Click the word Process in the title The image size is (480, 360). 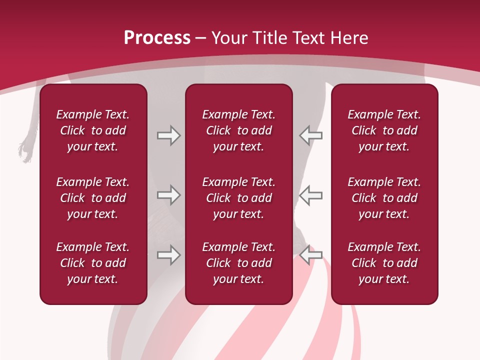(x=157, y=38)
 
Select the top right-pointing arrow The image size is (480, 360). (x=169, y=135)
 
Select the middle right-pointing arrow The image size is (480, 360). (x=169, y=195)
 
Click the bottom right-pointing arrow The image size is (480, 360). (x=169, y=255)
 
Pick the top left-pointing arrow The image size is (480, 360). (x=311, y=135)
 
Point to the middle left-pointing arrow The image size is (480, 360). (x=311, y=195)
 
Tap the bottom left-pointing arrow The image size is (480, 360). (x=311, y=255)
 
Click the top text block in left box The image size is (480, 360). (x=93, y=130)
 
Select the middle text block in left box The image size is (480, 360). (x=93, y=198)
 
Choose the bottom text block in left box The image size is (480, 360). (x=93, y=263)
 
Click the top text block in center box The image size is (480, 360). (x=238, y=130)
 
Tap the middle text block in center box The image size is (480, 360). (x=238, y=198)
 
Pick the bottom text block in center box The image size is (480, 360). (x=238, y=263)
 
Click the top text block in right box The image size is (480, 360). (x=384, y=130)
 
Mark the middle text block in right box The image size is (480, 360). (x=384, y=198)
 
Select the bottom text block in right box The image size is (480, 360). (x=384, y=263)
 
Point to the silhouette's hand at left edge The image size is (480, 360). (x=25, y=149)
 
